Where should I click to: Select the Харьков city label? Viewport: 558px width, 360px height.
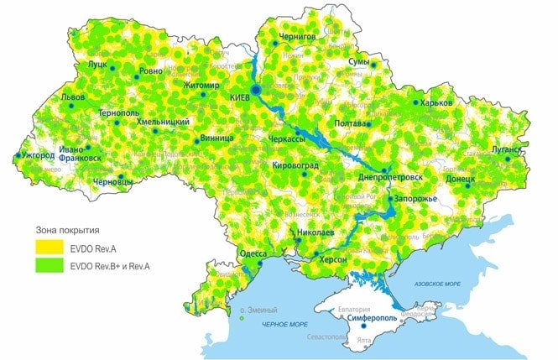(x=436, y=102)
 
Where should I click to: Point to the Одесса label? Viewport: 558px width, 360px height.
(x=253, y=253)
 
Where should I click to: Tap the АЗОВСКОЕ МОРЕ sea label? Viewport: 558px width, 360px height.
(x=435, y=284)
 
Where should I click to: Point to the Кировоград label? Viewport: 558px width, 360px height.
(x=295, y=166)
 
